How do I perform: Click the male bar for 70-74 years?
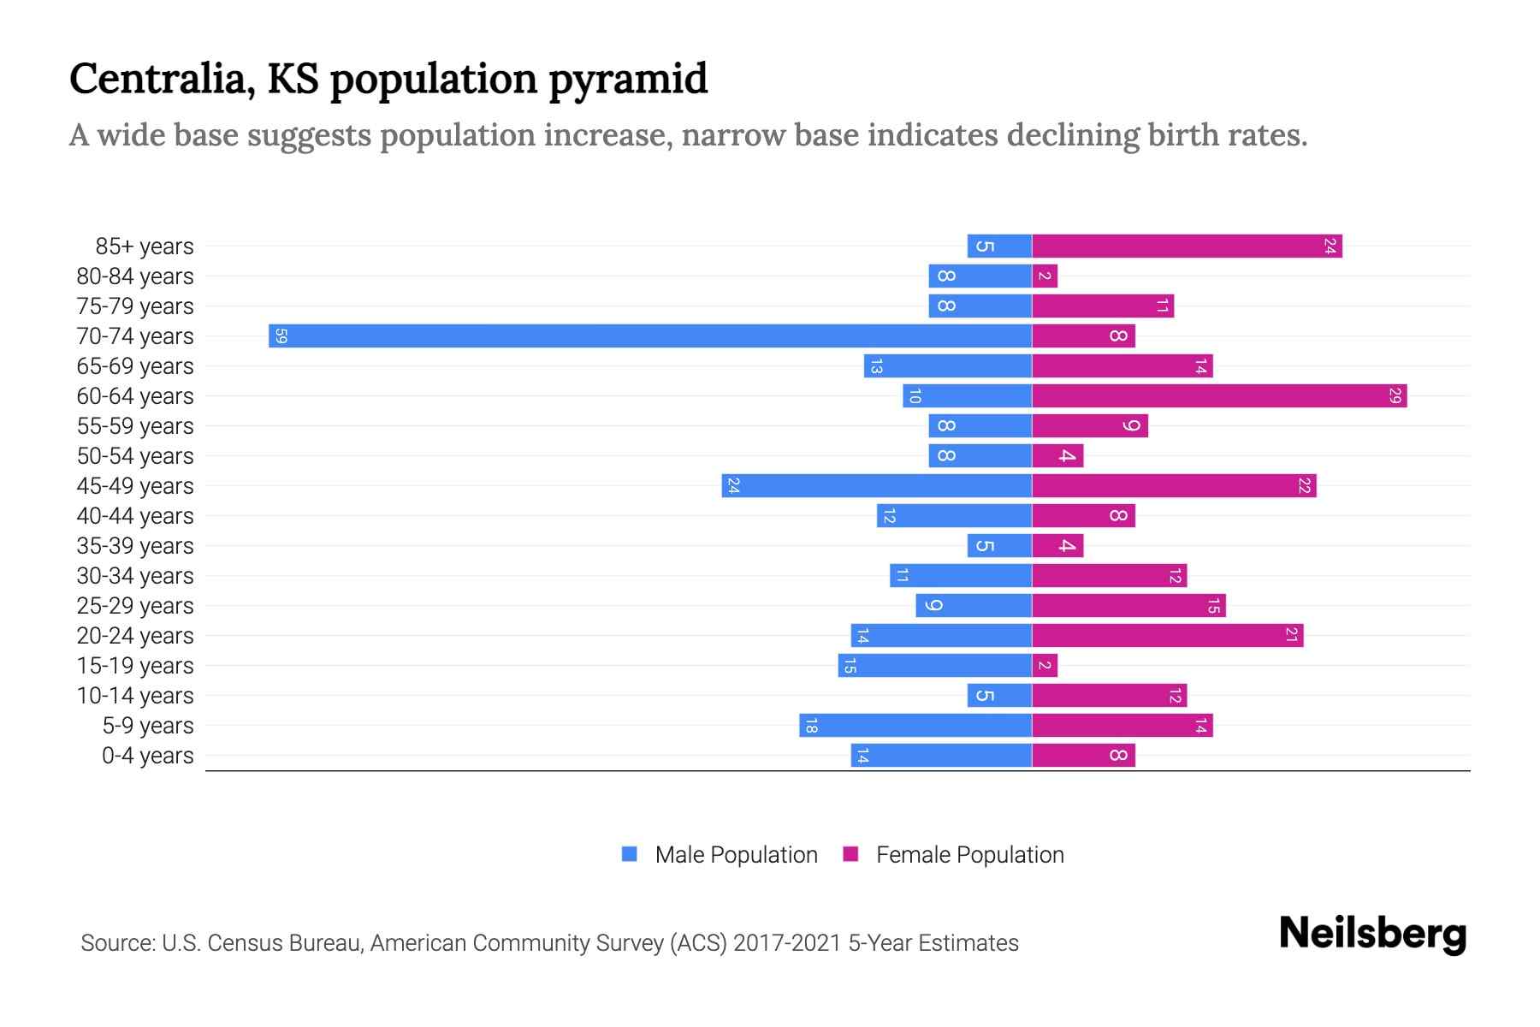pyautogui.click(x=650, y=335)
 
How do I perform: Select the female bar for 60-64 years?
pyautogui.click(x=1219, y=395)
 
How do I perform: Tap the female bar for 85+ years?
pyautogui.click(x=1187, y=246)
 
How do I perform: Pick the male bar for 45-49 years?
pyautogui.click(x=877, y=485)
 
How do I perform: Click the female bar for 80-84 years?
pyautogui.click(x=1045, y=276)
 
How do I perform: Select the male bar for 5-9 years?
pyautogui.click(x=915, y=725)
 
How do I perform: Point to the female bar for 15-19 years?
pyautogui.click(x=1045, y=665)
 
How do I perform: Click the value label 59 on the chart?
pyautogui.click(x=281, y=335)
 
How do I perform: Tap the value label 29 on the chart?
pyautogui.click(x=1395, y=395)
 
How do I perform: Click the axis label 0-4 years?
pyautogui.click(x=147, y=756)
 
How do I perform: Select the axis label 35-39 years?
pyautogui.click(x=135, y=546)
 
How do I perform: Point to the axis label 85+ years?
pyautogui.click(x=144, y=246)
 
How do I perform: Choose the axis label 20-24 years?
pyautogui.click(x=135, y=636)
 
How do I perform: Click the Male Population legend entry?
pyautogui.click(x=736, y=854)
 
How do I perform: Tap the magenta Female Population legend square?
pyautogui.click(x=850, y=854)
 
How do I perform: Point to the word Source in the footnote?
pyautogui.click(x=116, y=943)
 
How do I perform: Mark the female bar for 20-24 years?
pyautogui.click(x=1168, y=635)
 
